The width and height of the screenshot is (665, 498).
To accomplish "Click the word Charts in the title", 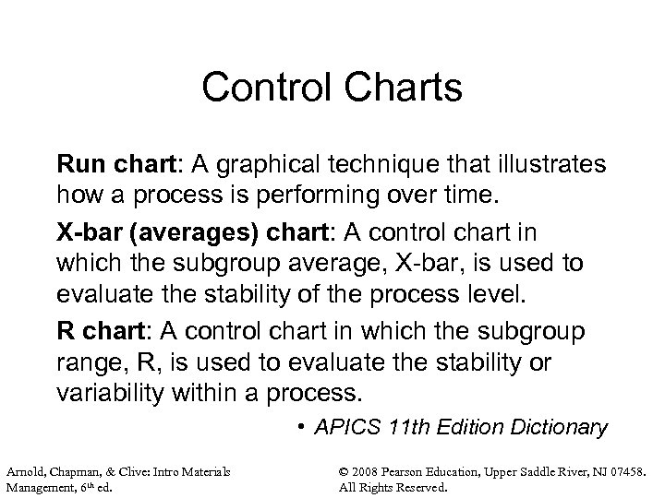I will [397, 89].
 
